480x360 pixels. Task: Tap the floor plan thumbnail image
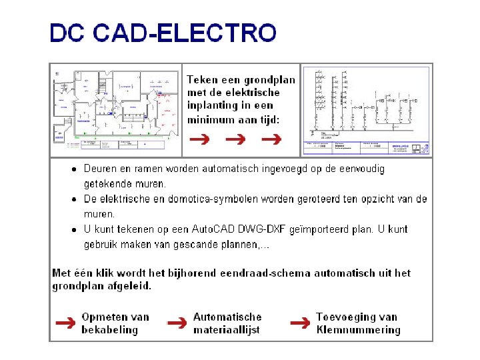tap(116, 109)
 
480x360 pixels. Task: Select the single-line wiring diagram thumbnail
tap(367, 110)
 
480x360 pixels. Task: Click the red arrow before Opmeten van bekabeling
tap(65, 323)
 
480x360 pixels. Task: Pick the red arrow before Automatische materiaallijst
tap(177, 323)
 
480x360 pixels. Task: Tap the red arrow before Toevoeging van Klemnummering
tap(299, 323)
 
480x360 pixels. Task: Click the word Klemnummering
tap(358, 329)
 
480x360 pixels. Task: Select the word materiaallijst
tap(227, 329)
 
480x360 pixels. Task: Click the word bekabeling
tap(109, 329)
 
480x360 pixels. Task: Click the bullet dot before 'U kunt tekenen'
tap(75, 229)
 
